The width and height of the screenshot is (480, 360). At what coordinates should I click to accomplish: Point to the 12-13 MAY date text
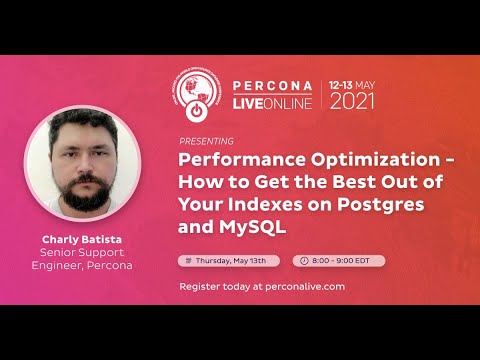pyautogui.click(x=354, y=84)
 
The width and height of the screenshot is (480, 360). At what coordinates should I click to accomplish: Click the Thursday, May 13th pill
pyautogui.click(x=230, y=260)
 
